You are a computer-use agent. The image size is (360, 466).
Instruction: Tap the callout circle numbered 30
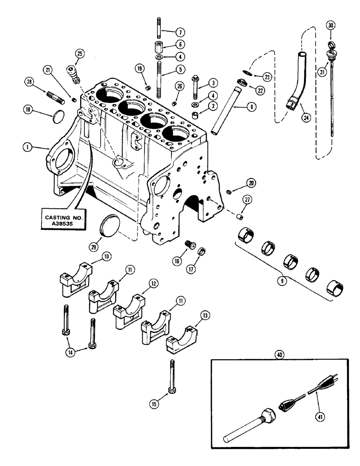pyautogui.click(x=331, y=26)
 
